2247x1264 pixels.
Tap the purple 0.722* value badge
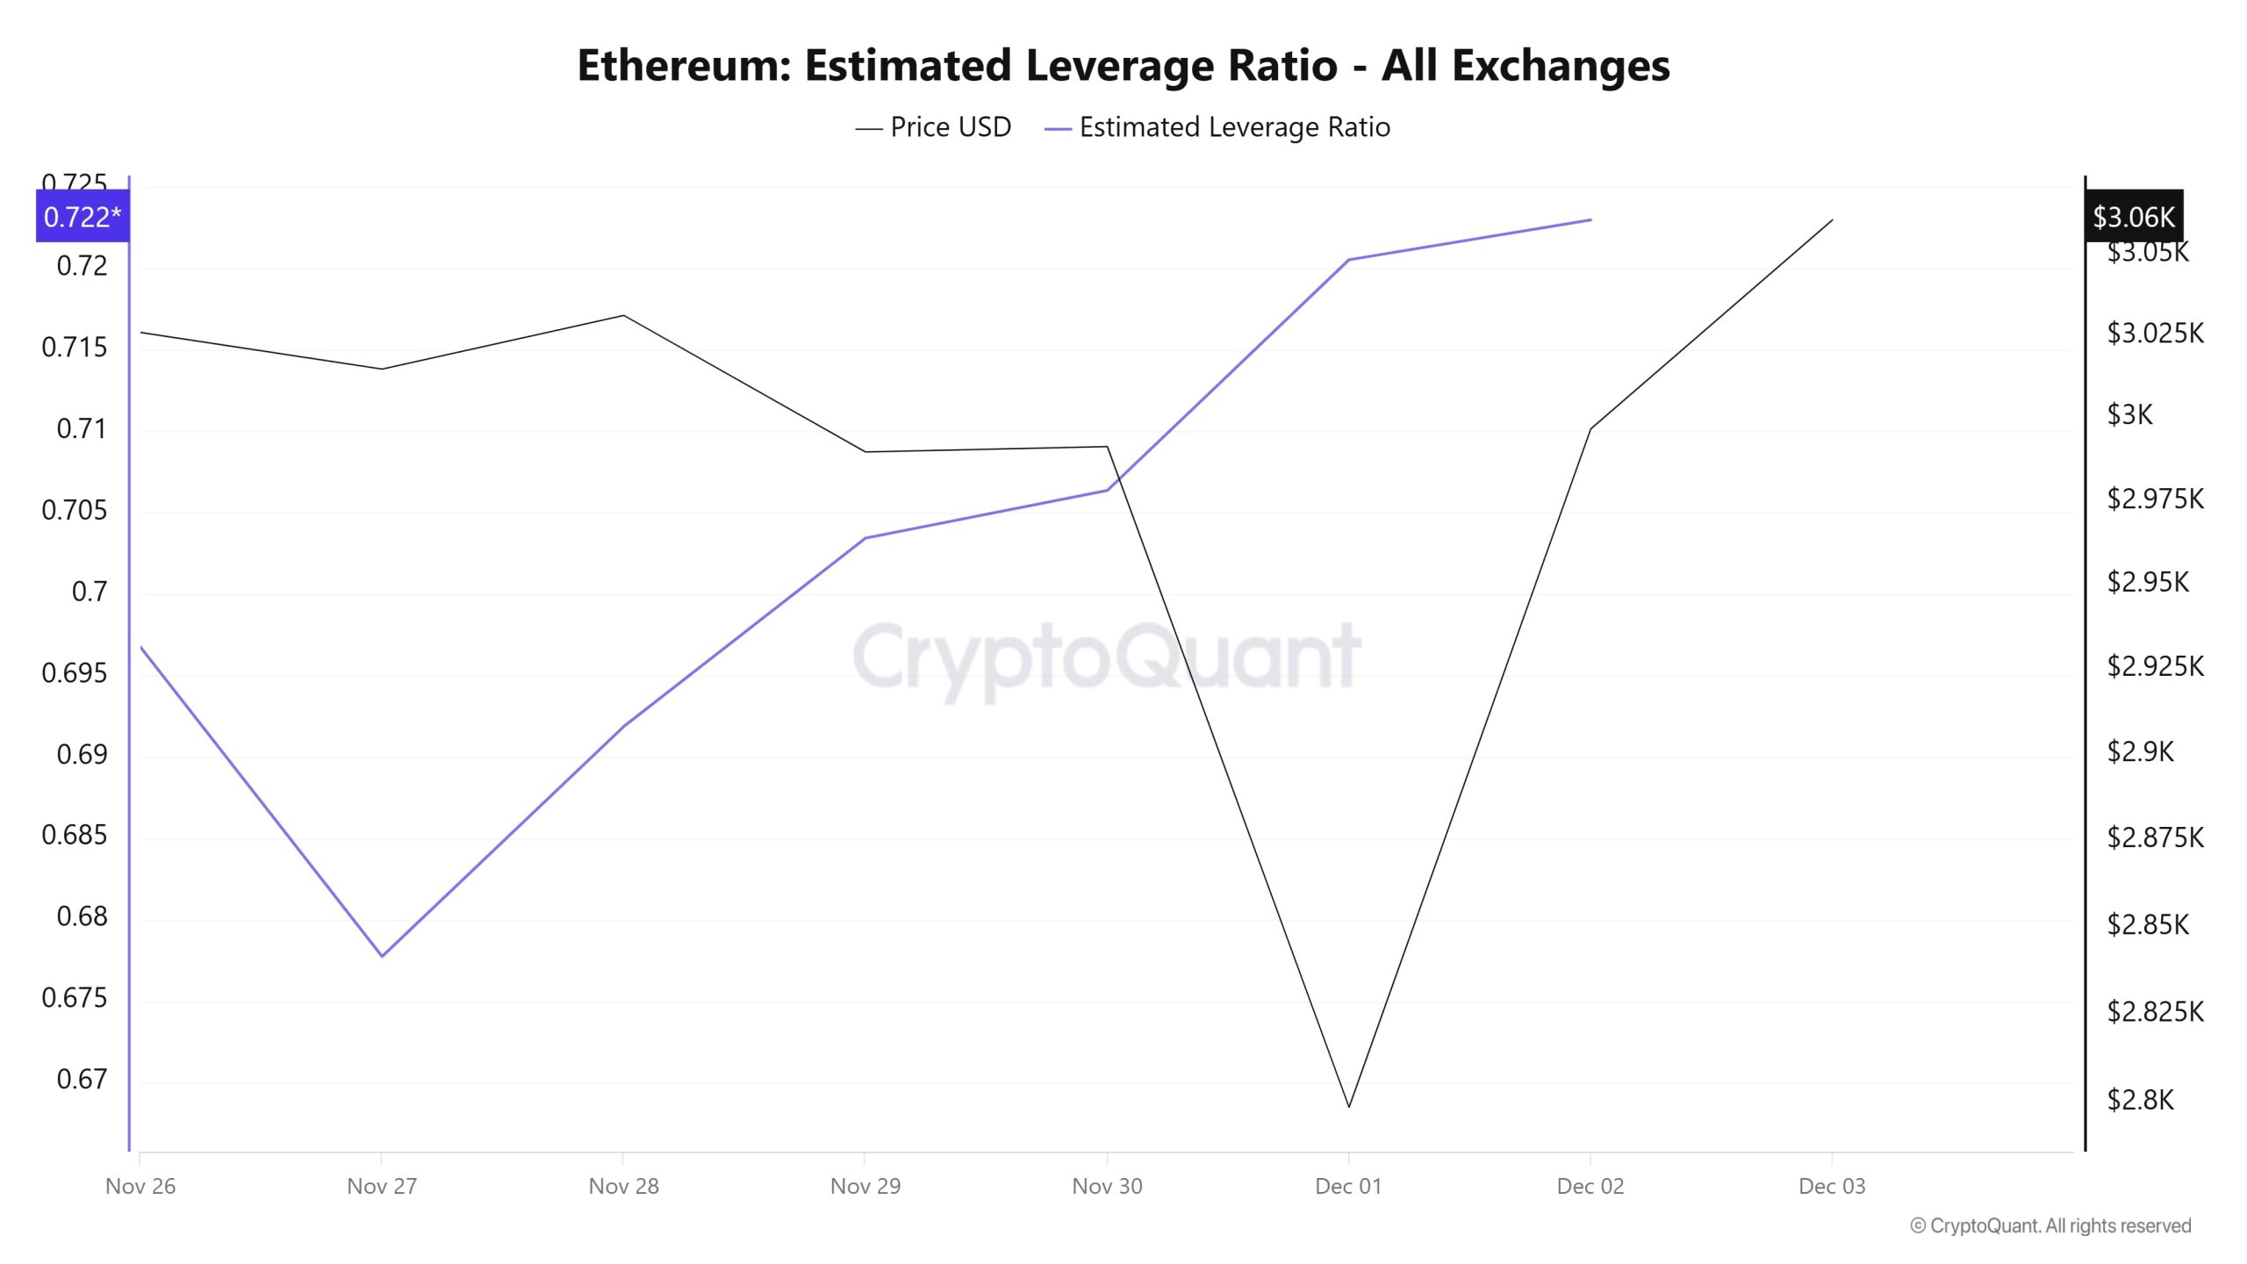click(82, 217)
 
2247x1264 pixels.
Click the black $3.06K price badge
click(2133, 217)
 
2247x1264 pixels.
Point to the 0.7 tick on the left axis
click(89, 592)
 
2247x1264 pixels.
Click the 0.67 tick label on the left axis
click(82, 1079)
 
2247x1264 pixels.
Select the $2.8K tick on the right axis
click(2140, 1100)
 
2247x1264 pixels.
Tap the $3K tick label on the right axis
click(2129, 414)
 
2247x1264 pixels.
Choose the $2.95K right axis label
click(2147, 582)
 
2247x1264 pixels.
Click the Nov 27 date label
click(382, 1187)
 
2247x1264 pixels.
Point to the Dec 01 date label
click(1348, 1187)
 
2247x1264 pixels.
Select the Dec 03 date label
click(1832, 1187)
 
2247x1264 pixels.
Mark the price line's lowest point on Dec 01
click(1349, 1107)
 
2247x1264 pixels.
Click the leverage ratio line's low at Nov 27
click(382, 956)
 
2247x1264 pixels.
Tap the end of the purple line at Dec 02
click(1590, 219)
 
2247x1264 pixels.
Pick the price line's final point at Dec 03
click(1833, 219)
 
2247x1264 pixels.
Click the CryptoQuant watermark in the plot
click(1106, 657)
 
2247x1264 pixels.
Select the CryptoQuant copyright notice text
click(2050, 1226)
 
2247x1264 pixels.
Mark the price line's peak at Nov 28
click(623, 315)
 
